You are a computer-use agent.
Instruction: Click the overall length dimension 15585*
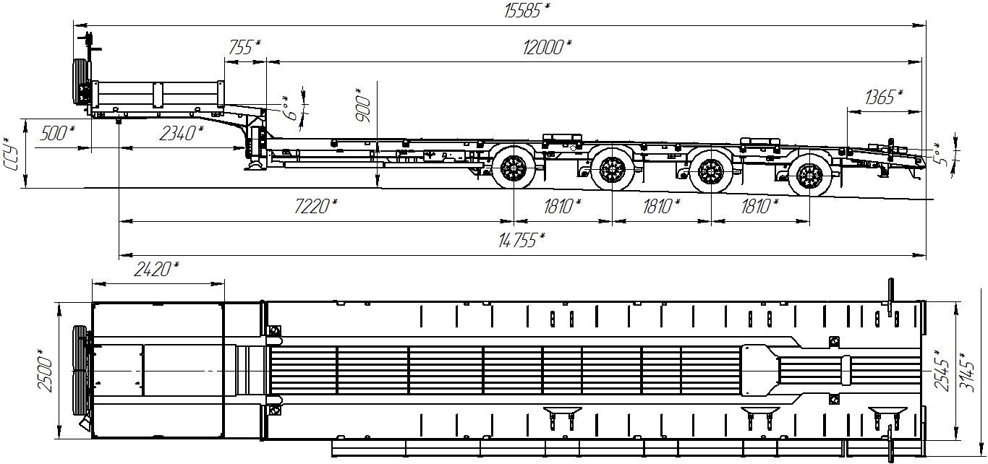(527, 10)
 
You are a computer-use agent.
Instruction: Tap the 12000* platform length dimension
(547, 47)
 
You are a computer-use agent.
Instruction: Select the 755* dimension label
(244, 47)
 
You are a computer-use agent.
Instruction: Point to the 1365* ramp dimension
(884, 98)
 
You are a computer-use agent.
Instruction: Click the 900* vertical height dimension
(363, 105)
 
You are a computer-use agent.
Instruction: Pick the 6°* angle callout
(291, 108)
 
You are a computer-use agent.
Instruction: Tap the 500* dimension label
(57, 133)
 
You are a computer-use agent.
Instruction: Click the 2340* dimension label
(182, 133)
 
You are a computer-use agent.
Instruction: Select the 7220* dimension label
(316, 206)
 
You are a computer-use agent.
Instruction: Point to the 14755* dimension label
(521, 240)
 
